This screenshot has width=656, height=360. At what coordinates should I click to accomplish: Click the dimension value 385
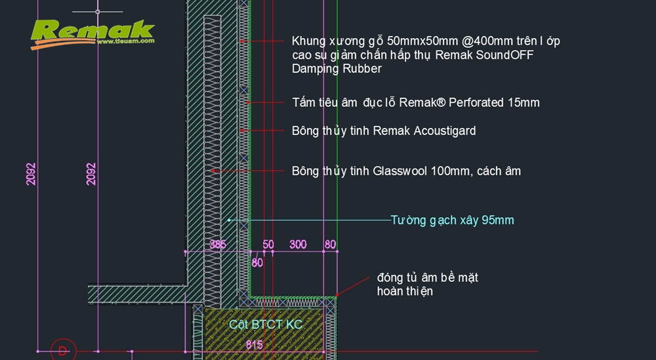tap(217, 245)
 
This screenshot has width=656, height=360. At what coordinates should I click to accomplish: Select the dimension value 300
tap(298, 245)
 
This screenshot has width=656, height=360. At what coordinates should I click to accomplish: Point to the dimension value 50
tap(268, 245)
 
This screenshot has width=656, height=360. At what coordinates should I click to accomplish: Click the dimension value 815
tap(255, 345)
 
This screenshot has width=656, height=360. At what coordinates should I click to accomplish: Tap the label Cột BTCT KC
tap(266, 325)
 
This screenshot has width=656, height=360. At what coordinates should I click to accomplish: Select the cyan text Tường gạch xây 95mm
tap(452, 220)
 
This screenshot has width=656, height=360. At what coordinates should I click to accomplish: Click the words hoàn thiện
tap(405, 291)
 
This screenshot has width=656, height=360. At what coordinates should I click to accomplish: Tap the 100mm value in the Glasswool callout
tap(449, 171)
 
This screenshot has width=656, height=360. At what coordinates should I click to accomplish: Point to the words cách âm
tap(499, 171)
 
